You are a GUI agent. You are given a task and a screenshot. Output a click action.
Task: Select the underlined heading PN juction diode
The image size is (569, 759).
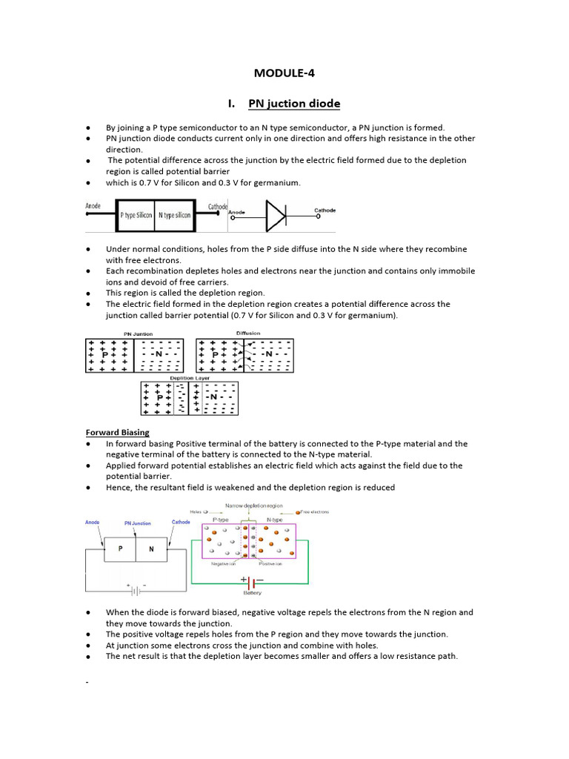[x=294, y=104]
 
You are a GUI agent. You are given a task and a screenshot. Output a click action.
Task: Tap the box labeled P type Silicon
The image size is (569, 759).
[x=136, y=215]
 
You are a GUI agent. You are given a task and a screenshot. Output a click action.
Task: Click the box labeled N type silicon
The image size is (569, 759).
[x=174, y=215]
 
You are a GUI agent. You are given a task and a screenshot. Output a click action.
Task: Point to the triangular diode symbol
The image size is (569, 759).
[x=276, y=215]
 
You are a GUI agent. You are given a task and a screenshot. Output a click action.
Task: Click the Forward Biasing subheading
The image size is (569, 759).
[x=117, y=432]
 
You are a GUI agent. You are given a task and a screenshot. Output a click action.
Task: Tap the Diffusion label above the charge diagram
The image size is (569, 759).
[x=247, y=334]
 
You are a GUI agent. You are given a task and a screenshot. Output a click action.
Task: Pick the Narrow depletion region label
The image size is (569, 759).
[x=252, y=505]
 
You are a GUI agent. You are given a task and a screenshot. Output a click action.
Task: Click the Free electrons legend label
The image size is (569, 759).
[x=314, y=512]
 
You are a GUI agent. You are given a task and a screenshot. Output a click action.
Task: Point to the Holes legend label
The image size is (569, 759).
[x=196, y=511]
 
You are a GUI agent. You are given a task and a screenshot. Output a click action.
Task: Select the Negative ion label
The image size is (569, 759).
[x=224, y=564]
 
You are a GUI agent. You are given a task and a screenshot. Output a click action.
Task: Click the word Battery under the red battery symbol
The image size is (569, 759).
[x=253, y=593]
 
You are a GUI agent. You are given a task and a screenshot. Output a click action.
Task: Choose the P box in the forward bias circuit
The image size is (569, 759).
[x=121, y=550]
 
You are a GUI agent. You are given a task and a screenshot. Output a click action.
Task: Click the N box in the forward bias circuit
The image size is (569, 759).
[x=151, y=550]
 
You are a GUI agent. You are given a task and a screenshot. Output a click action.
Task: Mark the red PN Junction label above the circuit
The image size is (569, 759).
[x=137, y=523]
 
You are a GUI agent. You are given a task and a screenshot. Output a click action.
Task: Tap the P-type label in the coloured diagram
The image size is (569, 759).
[x=221, y=520]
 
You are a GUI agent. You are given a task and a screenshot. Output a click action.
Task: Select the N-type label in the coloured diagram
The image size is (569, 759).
[x=274, y=520]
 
